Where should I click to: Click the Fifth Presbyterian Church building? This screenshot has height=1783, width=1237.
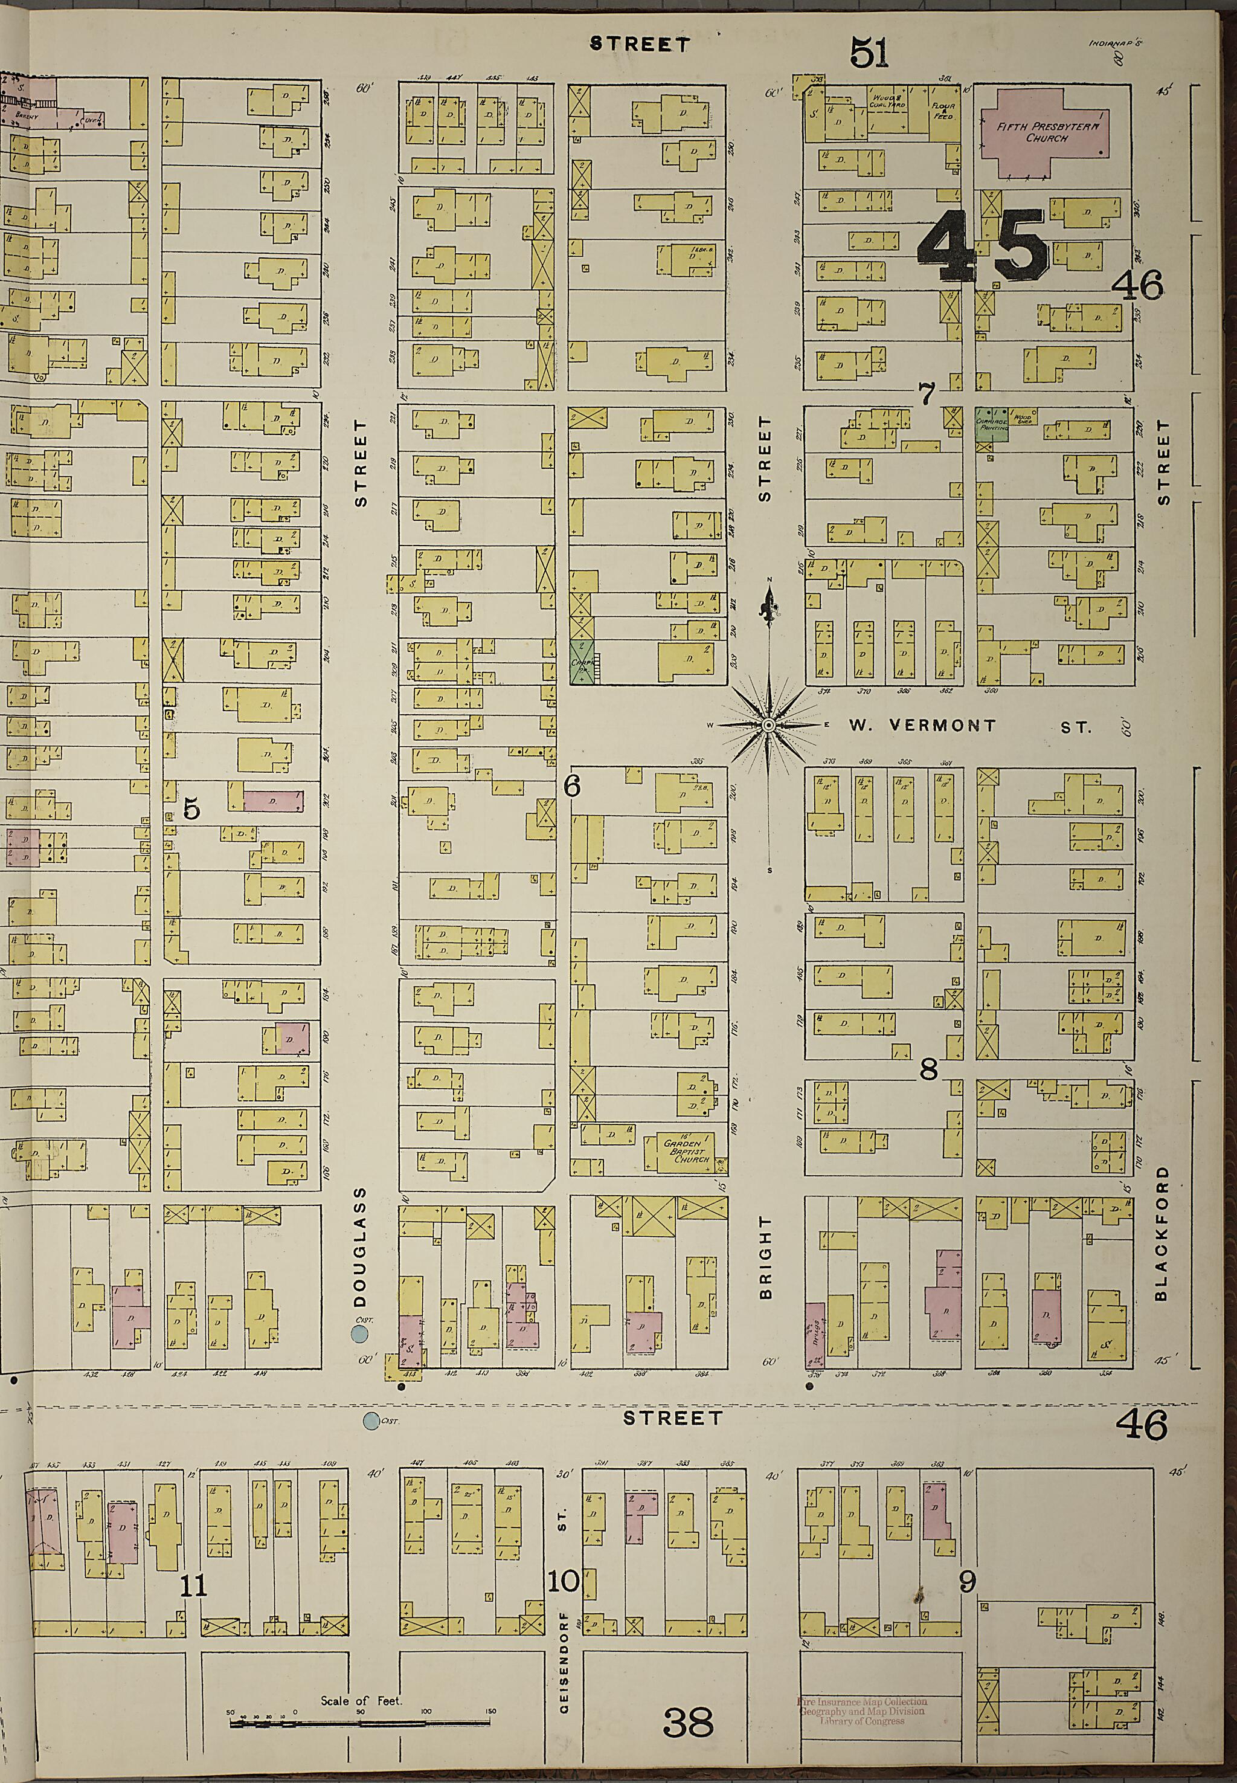1043,132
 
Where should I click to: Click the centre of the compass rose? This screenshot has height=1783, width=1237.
768,726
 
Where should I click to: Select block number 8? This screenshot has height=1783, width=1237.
928,1071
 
